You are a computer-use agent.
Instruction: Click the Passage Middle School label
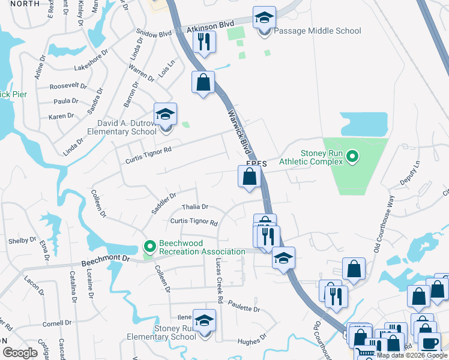[318, 31]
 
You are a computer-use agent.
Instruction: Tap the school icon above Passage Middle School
[264, 19]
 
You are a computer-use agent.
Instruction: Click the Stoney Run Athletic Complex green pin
[352, 157]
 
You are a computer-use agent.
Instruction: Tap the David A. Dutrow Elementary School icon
[165, 115]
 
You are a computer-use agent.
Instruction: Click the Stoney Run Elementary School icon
[205, 322]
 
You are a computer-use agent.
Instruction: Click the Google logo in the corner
[20, 353]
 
